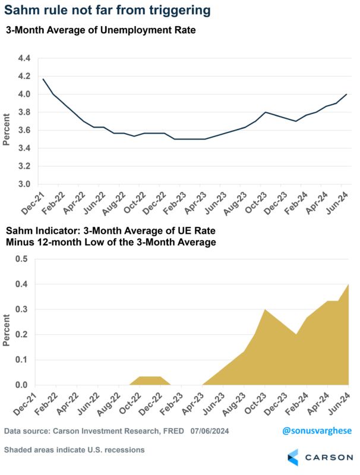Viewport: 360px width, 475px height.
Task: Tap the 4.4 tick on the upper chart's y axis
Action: [25, 58]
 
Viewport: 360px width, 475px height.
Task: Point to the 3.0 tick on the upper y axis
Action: [25, 184]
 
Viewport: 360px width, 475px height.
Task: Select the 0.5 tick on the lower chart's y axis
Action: [21, 259]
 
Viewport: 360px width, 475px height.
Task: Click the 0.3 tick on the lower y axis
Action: [21, 310]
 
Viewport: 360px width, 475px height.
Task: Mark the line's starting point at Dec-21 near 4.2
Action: [43, 79]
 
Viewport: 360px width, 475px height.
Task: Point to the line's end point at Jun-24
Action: [346, 94]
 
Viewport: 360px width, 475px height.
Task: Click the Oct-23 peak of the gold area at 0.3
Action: [264, 310]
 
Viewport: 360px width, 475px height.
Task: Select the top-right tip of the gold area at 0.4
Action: [347, 285]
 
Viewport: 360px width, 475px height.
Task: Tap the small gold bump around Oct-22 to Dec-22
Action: [150, 380]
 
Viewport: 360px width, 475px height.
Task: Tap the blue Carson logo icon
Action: [293, 457]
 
